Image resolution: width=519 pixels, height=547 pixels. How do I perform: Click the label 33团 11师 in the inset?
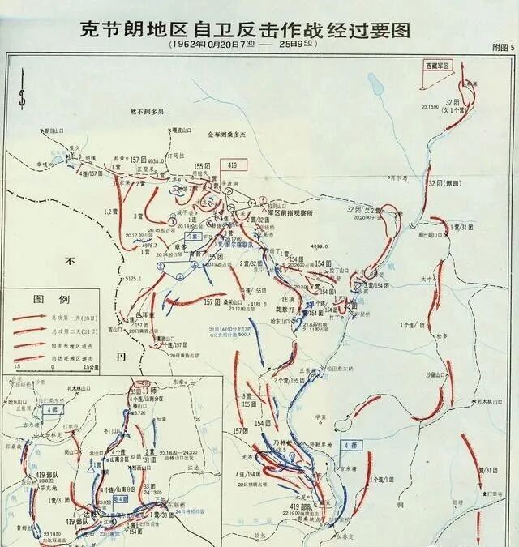pyautogui.click(x=146, y=391)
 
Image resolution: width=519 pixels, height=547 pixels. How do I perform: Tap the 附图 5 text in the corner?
pyautogui.click(x=502, y=49)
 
